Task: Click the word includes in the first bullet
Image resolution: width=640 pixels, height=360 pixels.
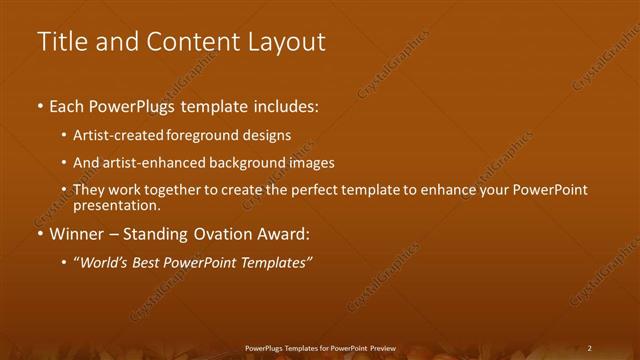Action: point(287,105)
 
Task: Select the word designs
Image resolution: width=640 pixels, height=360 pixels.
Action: point(268,134)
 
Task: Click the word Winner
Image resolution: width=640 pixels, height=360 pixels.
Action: point(76,235)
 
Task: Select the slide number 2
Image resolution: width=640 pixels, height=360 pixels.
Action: point(590,348)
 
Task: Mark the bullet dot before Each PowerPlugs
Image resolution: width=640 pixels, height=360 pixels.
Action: point(39,106)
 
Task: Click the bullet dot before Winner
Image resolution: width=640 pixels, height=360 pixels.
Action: point(39,236)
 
